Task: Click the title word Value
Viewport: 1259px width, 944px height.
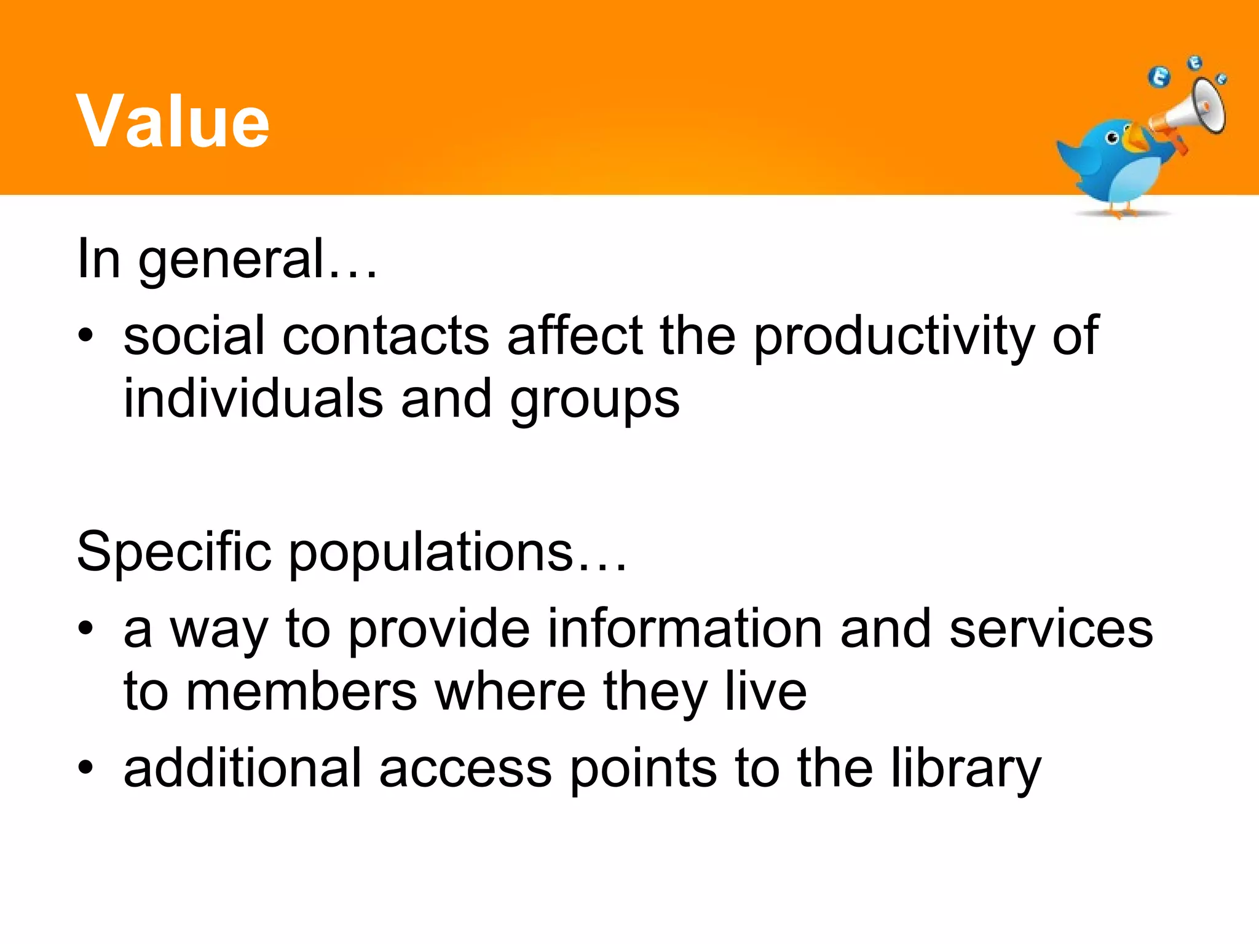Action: pos(173,121)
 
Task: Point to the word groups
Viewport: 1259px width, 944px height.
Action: pos(594,401)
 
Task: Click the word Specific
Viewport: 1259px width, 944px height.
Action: pos(174,553)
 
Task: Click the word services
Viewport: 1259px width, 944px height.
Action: pos(1051,630)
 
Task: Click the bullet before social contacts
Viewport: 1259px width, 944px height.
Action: pos(85,336)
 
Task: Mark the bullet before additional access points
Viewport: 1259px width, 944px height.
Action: pos(85,768)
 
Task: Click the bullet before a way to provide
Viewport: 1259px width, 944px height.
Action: pos(85,628)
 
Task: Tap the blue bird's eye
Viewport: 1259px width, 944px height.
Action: pos(1111,138)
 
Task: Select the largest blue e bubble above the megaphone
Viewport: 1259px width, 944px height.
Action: pos(1159,77)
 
